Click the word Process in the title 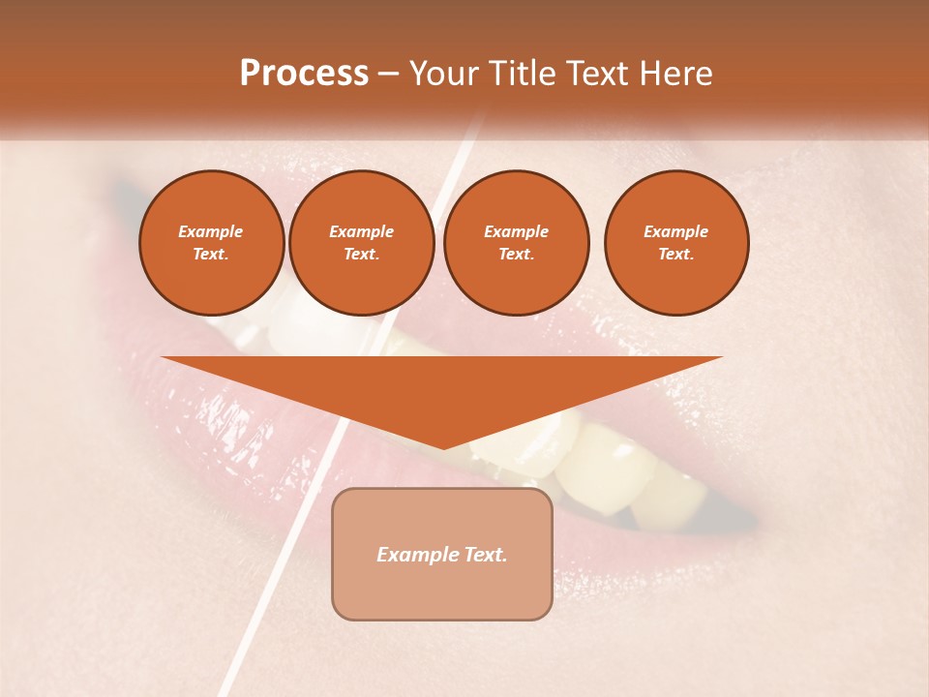(304, 74)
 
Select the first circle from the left (212, 243)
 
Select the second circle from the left (362, 243)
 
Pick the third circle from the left (517, 243)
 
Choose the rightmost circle (676, 243)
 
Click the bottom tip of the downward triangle (443, 446)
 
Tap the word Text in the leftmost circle (210, 255)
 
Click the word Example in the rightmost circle (676, 231)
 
